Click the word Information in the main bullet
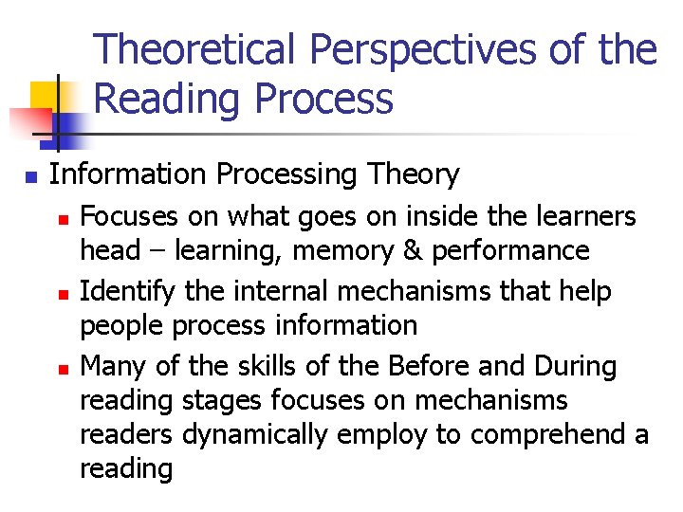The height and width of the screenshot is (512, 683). pos(127,174)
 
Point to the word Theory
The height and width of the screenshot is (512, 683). pos(411,174)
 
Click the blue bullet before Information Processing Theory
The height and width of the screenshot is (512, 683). pos(30,176)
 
